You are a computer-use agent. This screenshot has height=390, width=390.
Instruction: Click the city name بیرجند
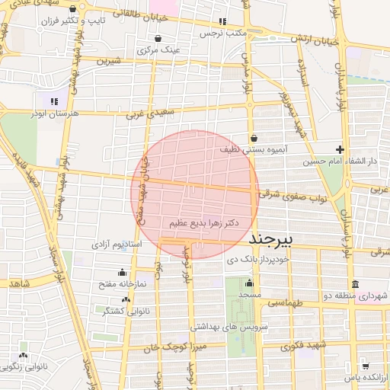tap(271, 239)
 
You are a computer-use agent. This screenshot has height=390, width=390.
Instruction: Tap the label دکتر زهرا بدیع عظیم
tap(200, 223)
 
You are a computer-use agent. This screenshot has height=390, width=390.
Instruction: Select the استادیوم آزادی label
tap(117, 245)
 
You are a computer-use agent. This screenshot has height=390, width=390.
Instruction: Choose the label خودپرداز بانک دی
tap(259, 260)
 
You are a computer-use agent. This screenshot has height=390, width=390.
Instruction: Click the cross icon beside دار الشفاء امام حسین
tap(340, 149)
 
